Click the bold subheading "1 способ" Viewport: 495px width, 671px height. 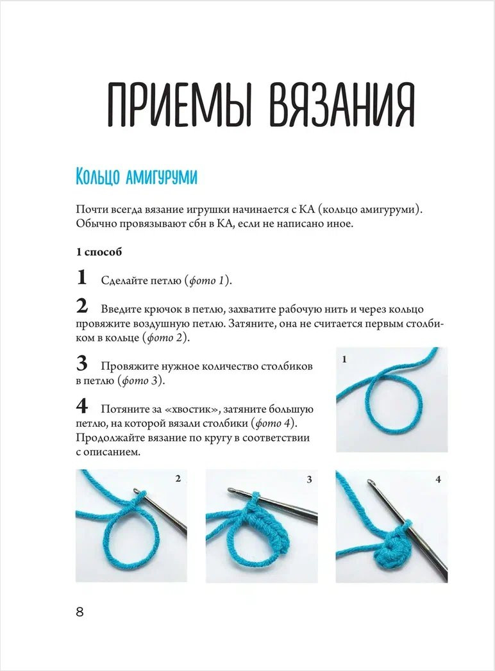[99, 252]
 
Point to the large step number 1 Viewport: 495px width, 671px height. [81, 278]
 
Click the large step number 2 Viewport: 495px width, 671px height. [81, 306]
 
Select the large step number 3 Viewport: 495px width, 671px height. [81, 365]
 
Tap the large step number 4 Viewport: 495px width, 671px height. [81, 406]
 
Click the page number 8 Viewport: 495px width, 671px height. [80, 611]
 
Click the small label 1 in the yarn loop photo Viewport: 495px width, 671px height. [344, 360]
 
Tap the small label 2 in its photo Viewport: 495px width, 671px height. [178, 479]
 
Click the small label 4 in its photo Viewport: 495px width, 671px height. [438, 479]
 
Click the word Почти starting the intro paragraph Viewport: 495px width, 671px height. [90, 210]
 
